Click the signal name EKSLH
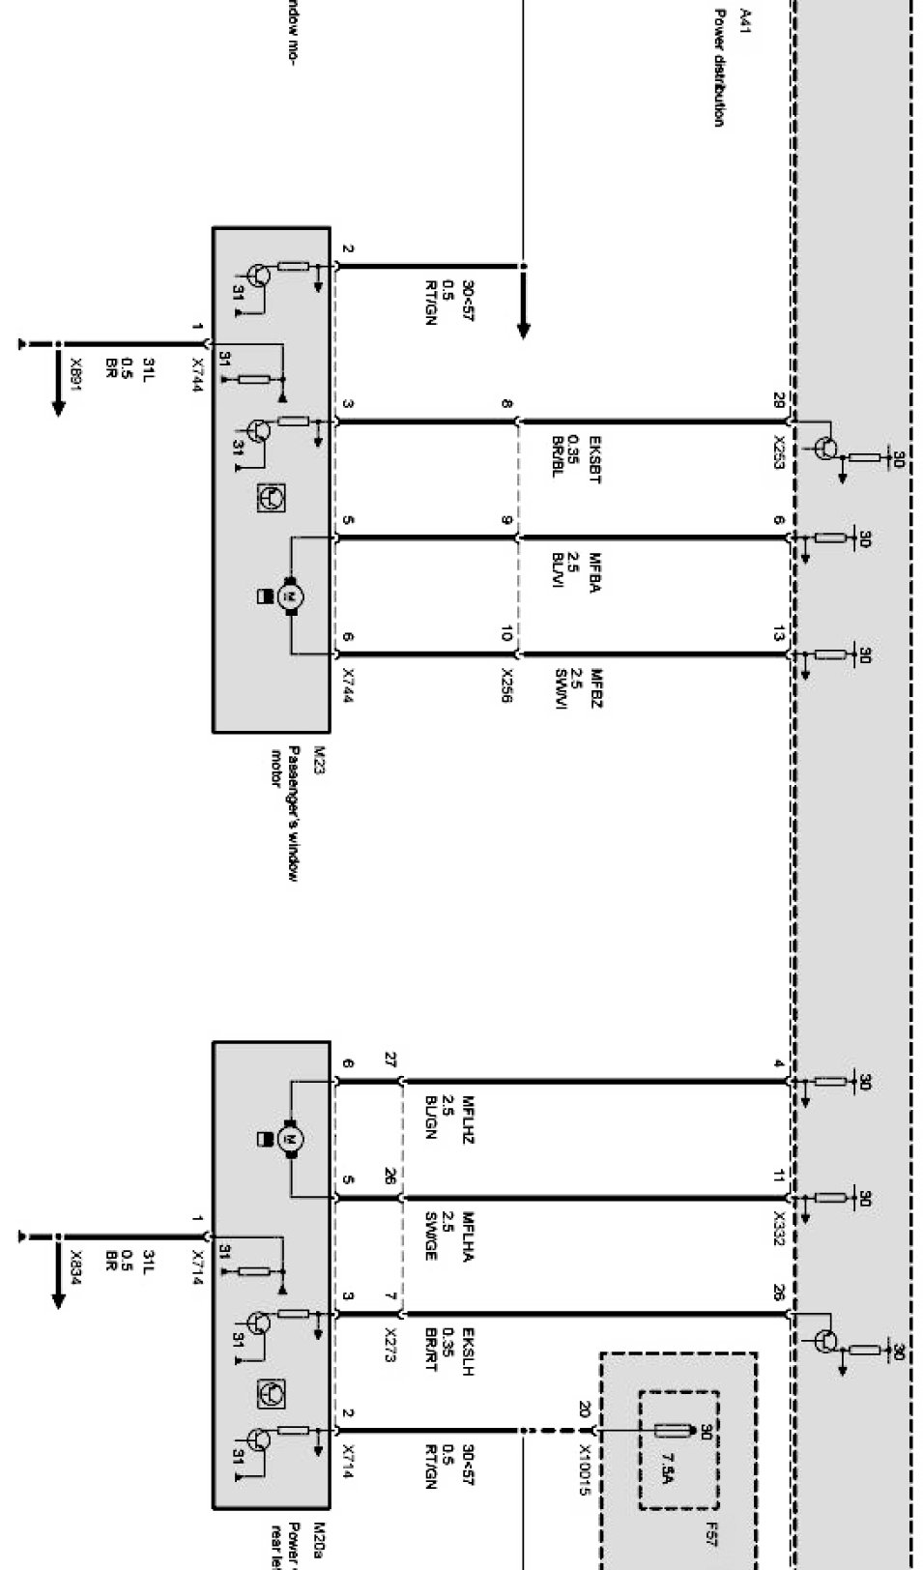(x=468, y=1350)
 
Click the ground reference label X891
(x=75, y=371)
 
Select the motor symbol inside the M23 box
(x=289, y=596)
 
